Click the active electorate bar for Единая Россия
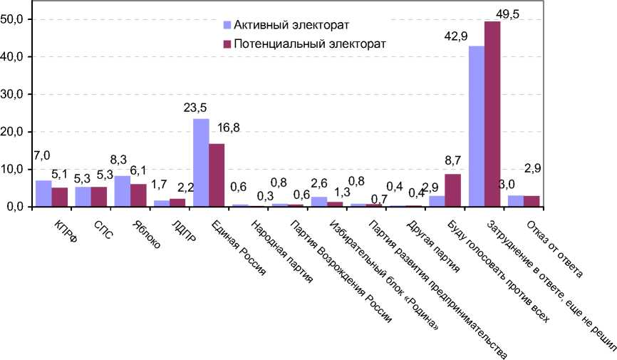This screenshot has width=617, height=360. coord(201,163)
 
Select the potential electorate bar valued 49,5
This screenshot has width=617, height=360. coord(492,114)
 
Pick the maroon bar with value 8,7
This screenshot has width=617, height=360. coord(453,190)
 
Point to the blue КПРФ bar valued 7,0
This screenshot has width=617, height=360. coord(44,193)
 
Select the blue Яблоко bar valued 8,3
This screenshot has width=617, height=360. coord(123,191)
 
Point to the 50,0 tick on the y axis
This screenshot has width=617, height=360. coord(15,19)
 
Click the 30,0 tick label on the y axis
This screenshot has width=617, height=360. coord(15,94)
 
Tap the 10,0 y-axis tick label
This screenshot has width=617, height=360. coord(15,170)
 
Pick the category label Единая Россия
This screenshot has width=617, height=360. coord(234,246)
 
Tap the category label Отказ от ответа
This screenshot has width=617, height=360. coord(555,247)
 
